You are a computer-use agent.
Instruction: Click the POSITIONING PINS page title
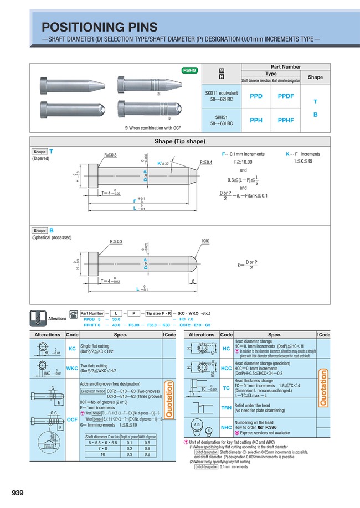[100, 27]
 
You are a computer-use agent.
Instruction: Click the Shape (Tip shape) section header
[179, 141]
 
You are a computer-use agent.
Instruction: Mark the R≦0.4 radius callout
[206, 162]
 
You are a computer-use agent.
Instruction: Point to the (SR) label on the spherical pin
[205, 242]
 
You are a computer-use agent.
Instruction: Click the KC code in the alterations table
[72, 349]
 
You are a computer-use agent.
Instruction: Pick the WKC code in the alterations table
[72, 368]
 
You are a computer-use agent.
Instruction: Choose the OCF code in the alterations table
[72, 420]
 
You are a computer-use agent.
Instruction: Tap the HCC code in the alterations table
[226, 368]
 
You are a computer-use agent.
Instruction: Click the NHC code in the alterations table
[226, 427]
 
